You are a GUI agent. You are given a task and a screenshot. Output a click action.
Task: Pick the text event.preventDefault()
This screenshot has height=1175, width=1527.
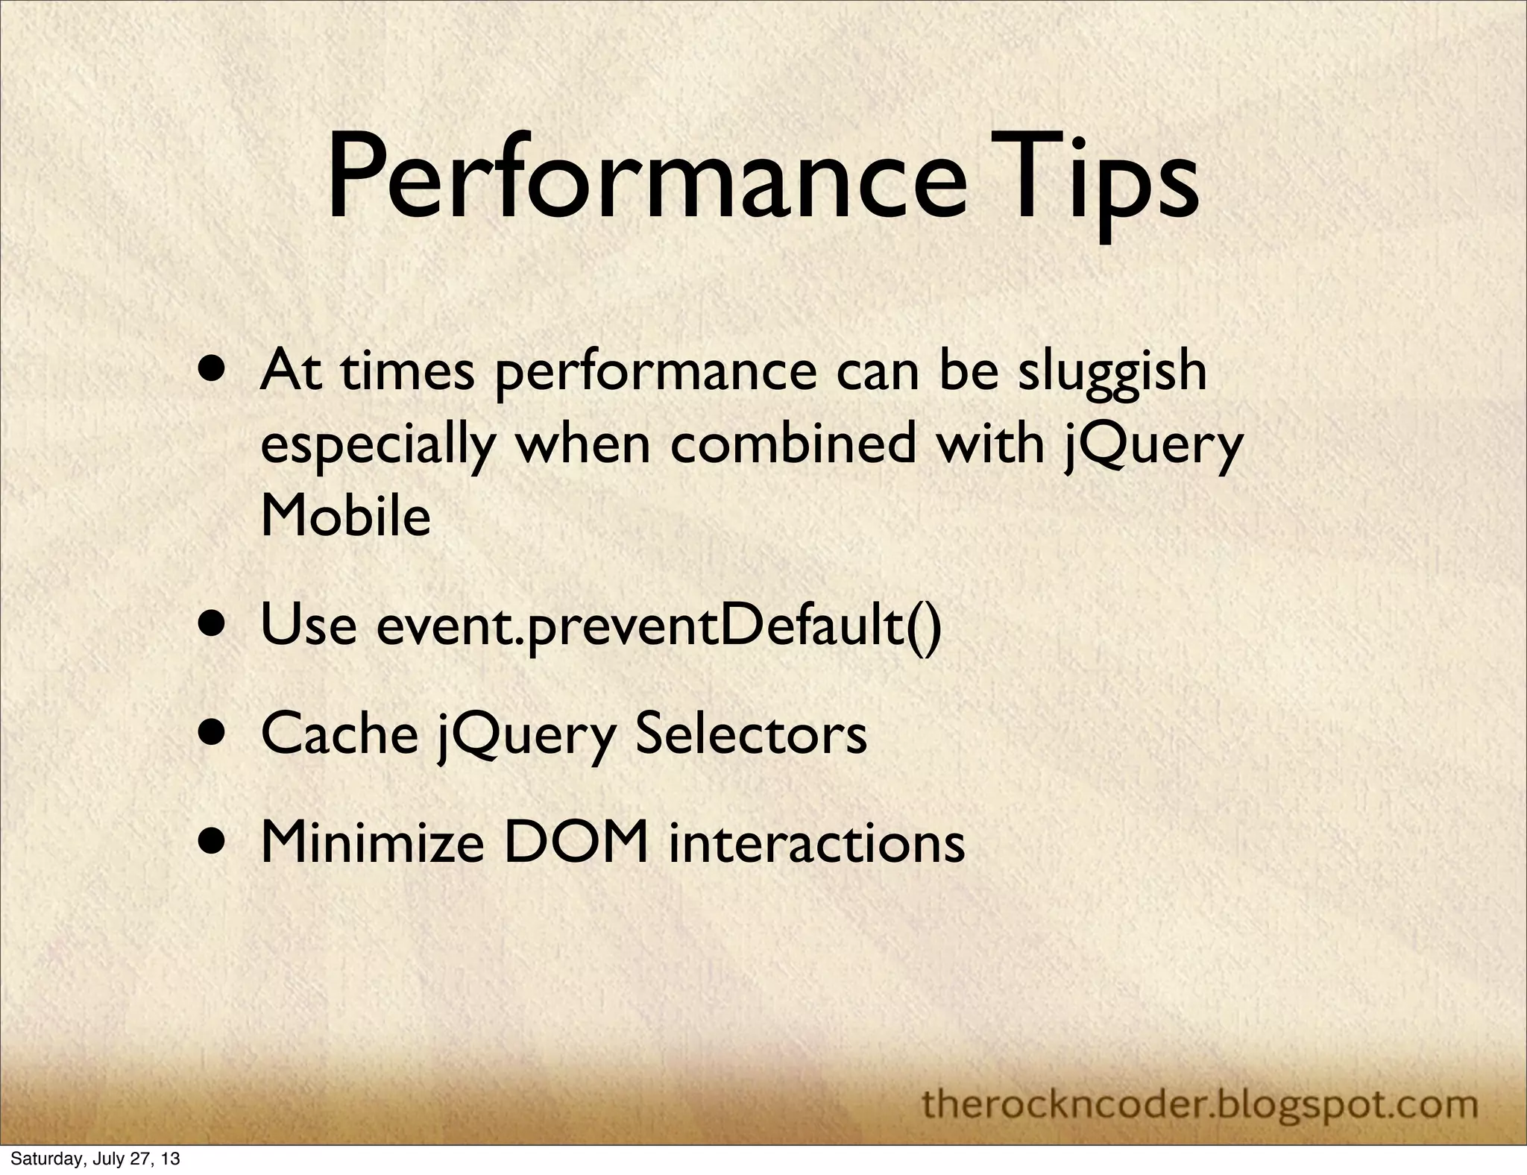(x=659, y=627)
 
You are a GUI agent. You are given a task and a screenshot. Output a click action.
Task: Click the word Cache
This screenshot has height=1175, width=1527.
(x=339, y=733)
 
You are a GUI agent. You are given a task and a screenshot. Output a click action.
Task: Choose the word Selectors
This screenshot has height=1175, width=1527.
(x=750, y=733)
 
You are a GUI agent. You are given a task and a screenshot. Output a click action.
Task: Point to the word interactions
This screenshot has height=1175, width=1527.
(x=816, y=842)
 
